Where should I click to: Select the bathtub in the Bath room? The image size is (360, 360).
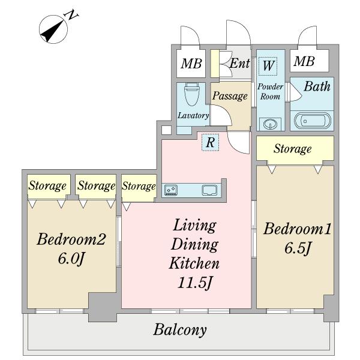pyautogui.click(x=310, y=121)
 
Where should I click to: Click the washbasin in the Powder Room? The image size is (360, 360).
pyautogui.click(x=270, y=124)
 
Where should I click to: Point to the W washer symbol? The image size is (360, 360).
pyautogui.click(x=268, y=66)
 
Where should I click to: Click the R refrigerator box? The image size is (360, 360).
pyautogui.click(x=210, y=142)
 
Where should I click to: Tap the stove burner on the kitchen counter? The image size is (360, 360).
pyautogui.click(x=170, y=190)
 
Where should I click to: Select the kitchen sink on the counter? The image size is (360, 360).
pyautogui.click(x=210, y=190)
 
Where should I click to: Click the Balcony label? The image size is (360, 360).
pyautogui.click(x=180, y=329)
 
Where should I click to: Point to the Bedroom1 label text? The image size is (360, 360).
pyautogui.click(x=298, y=229)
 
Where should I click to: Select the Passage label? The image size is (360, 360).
pyautogui.click(x=230, y=96)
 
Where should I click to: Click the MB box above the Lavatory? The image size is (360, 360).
pyautogui.click(x=192, y=62)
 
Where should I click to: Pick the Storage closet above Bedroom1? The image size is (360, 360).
pyautogui.click(x=293, y=148)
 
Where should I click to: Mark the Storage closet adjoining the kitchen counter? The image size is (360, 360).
pyautogui.click(x=139, y=186)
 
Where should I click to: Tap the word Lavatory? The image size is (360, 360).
pyautogui.click(x=193, y=116)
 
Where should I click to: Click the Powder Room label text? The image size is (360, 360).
pyautogui.click(x=270, y=91)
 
